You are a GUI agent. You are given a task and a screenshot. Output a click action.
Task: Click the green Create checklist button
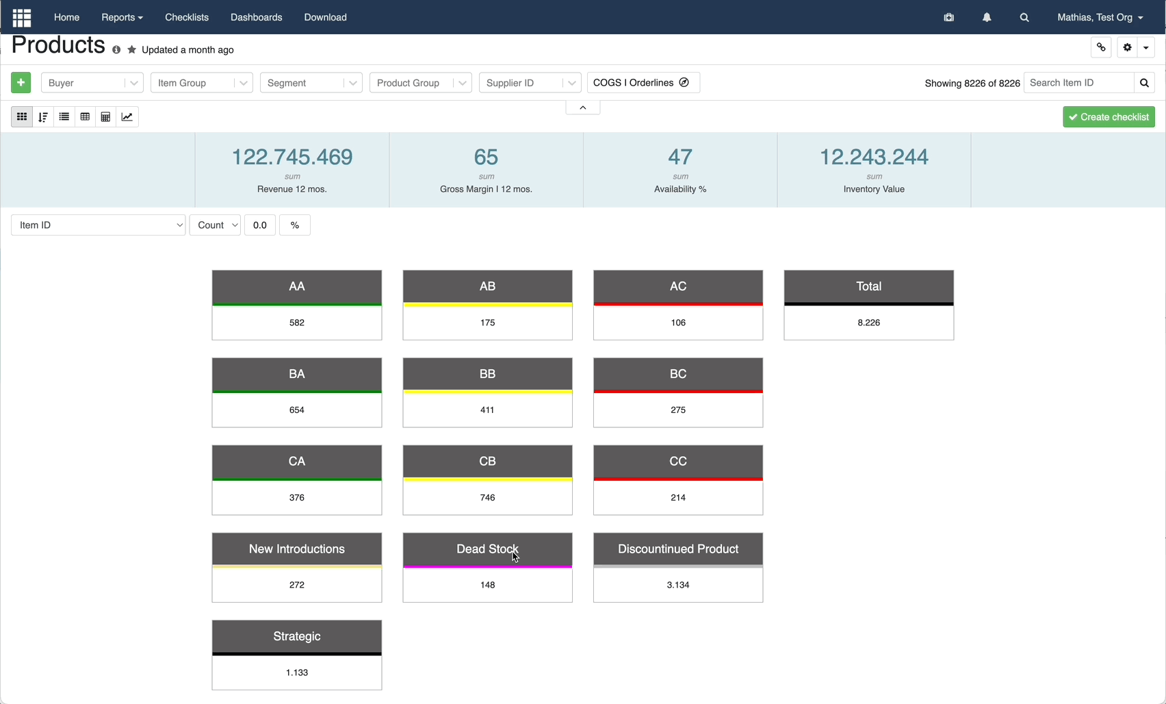point(1109,116)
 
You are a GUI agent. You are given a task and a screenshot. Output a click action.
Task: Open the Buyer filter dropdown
point(92,83)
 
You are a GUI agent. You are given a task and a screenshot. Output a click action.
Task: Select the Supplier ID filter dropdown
point(530,83)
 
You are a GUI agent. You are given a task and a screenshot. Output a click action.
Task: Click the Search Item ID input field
point(1078,83)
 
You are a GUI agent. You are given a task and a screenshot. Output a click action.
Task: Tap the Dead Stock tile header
point(487,549)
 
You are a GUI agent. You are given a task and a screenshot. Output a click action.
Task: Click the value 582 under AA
point(297,323)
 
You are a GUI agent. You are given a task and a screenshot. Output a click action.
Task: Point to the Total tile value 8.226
point(869,323)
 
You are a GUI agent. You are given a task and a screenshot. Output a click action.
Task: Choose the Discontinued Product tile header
point(677,549)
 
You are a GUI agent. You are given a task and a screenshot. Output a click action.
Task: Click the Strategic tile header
point(297,636)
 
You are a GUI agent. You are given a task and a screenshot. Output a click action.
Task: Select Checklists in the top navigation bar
point(187,17)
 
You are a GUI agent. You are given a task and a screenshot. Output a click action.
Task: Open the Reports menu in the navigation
point(122,17)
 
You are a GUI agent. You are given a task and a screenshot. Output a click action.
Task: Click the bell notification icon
point(987,17)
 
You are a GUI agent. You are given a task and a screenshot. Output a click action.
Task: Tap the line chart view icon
point(127,116)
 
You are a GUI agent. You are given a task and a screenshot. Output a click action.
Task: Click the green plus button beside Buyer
point(21,82)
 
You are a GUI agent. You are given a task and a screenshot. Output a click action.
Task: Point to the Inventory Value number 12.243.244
point(874,157)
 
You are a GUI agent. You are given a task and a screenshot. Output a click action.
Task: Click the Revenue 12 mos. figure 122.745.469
point(292,157)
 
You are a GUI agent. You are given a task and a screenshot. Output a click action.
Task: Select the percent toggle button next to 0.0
point(295,225)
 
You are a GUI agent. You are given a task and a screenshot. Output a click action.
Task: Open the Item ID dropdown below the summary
point(99,225)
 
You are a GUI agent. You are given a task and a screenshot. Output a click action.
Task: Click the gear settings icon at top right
point(1128,47)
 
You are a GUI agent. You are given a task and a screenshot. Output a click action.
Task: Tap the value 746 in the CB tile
point(487,498)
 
